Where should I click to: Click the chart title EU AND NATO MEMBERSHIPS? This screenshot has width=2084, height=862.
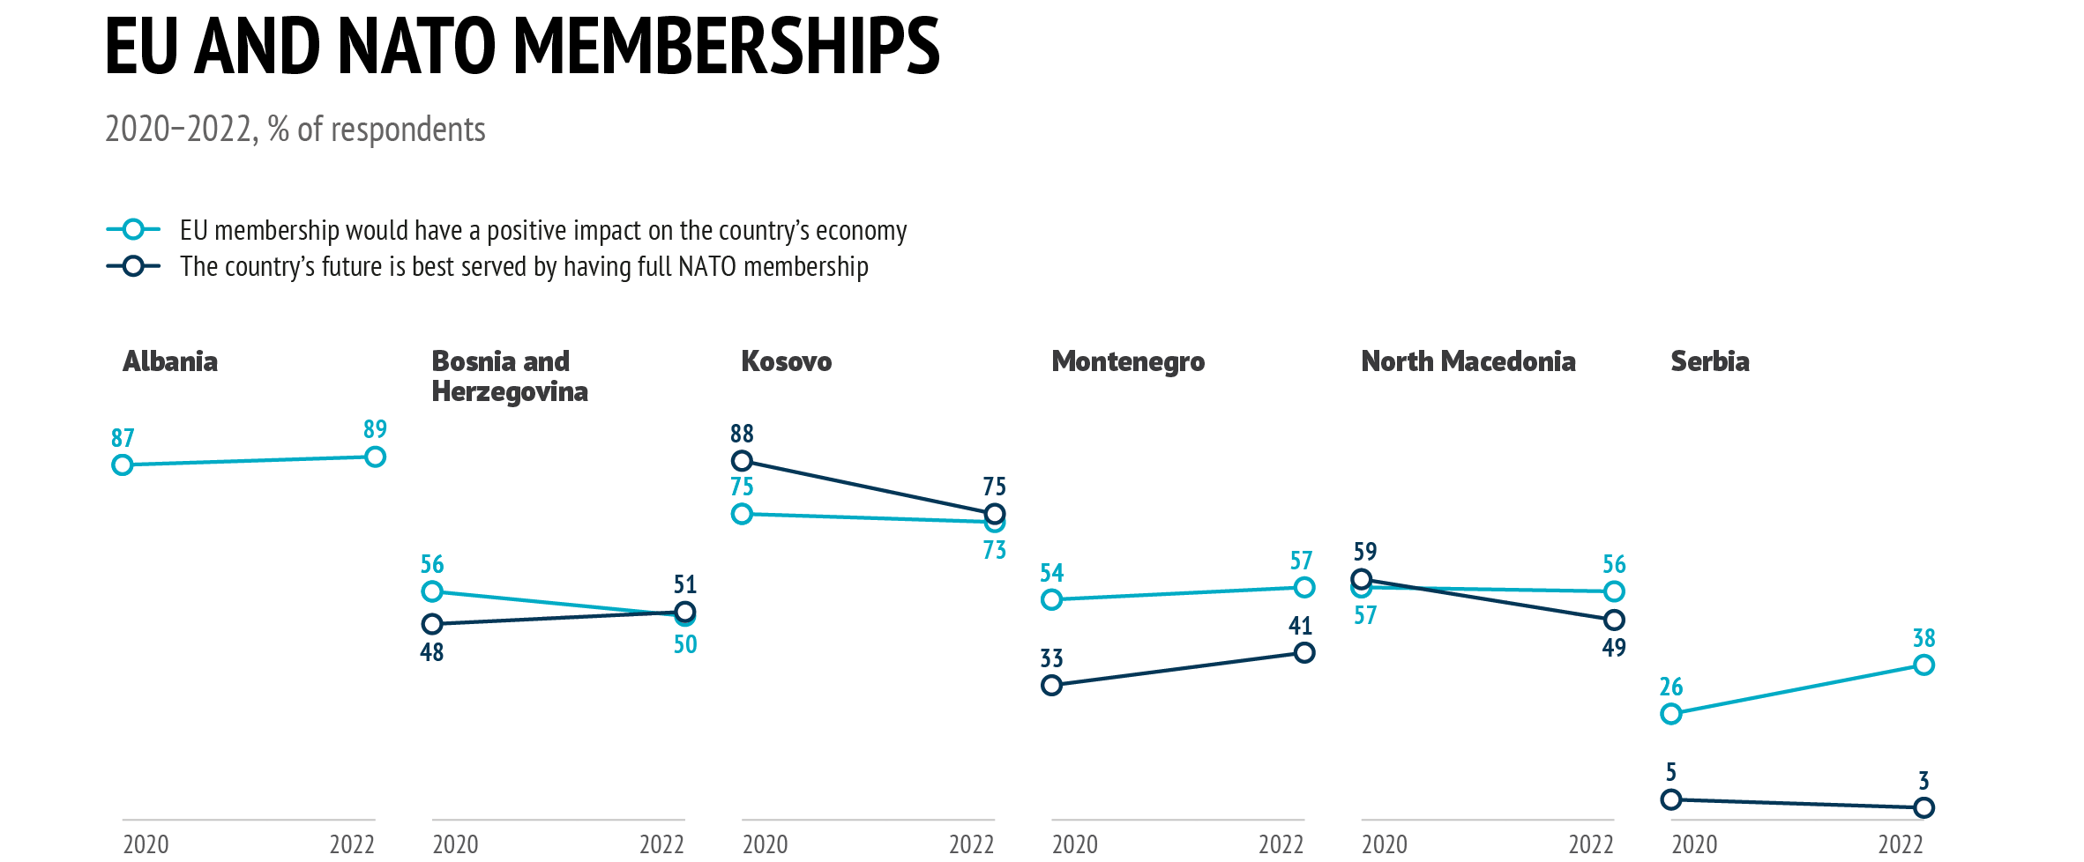point(522,46)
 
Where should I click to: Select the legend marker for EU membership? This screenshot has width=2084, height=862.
point(133,230)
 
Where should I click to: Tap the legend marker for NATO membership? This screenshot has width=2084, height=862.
point(133,266)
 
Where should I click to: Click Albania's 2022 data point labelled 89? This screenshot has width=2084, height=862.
point(375,457)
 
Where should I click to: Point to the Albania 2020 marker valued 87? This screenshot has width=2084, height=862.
point(123,464)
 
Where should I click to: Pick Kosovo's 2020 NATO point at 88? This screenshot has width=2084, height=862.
point(742,461)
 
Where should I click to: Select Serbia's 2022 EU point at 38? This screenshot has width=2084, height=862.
point(1923,665)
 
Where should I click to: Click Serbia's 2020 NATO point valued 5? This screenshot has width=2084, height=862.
point(1670,799)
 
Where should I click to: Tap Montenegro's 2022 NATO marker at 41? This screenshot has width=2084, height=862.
point(1304,652)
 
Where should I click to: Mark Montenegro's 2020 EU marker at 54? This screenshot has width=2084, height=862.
point(1051,599)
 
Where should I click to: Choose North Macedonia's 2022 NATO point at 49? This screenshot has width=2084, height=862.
point(1614,620)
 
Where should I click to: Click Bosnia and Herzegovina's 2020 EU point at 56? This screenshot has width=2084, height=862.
point(432,591)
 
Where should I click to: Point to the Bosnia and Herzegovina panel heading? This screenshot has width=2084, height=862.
point(509,376)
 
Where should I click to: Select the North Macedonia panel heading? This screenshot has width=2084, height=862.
point(1468,361)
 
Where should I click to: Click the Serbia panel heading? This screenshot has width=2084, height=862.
point(1709,361)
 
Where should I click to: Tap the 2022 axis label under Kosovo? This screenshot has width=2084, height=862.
point(971,844)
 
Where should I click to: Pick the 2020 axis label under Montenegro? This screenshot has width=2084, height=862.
point(1075,844)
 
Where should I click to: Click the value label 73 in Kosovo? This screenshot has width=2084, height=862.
point(994,550)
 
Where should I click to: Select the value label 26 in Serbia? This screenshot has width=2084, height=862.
point(1670,687)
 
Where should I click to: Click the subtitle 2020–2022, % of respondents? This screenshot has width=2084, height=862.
point(295,130)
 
